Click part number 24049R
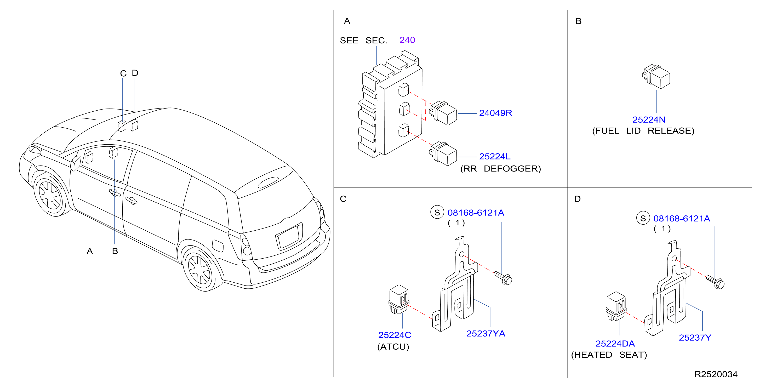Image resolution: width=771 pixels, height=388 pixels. pos(495,113)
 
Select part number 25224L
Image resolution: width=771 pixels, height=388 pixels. pos(495,156)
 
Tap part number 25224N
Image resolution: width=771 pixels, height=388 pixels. pos(649,119)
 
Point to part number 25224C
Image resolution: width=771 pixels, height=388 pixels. pos(395,335)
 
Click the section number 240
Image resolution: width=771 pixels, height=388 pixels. pos(407,40)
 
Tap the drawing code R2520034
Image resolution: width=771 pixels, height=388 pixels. pos(716,374)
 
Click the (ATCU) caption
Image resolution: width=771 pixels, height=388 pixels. pos(393,346)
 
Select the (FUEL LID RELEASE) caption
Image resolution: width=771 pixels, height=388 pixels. pos(643,130)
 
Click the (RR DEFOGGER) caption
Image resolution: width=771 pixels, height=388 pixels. pos(500,169)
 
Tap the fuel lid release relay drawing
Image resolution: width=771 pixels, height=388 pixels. pos(656,76)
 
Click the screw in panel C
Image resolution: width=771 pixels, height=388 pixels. pos(503,277)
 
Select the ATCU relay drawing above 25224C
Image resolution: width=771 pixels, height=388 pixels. pos(399,299)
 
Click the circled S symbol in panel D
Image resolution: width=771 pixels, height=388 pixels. pos(643,218)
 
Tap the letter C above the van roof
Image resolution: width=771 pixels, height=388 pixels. pos(123,73)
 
